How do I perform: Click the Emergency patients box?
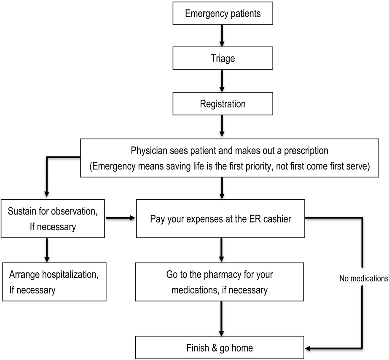pyautogui.click(x=223, y=13)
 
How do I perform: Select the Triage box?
pyautogui.click(x=223, y=59)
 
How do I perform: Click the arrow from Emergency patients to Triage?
pyautogui.click(x=223, y=36)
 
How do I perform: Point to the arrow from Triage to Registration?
pyautogui.click(x=223, y=81)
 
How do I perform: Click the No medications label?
pyautogui.click(x=363, y=279)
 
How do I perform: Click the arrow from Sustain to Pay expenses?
pyautogui.click(x=121, y=218)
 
